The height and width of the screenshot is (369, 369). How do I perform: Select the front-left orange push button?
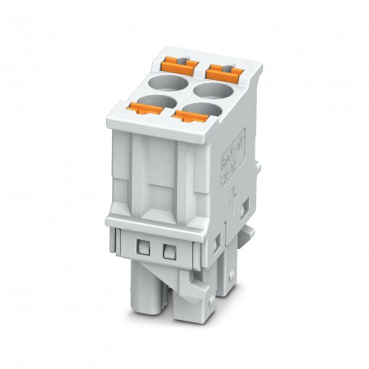[x=139, y=106]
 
